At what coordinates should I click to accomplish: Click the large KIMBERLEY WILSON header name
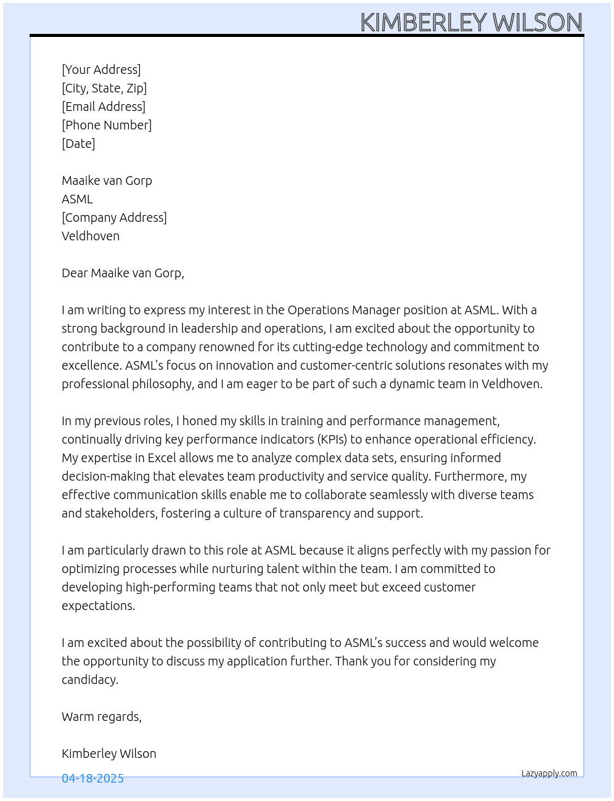pyautogui.click(x=471, y=22)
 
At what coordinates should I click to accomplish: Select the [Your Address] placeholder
pyautogui.click(x=101, y=70)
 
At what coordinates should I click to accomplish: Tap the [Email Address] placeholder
pyautogui.click(x=104, y=107)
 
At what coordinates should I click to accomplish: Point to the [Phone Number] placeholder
pyautogui.click(x=107, y=125)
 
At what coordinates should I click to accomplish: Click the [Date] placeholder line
pyautogui.click(x=78, y=144)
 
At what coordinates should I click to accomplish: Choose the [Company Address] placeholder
pyautogui.click(x=114, y=218)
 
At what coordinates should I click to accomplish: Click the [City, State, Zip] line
pyautogui.click(x=104, y=88)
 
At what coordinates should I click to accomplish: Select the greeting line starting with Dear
pyautogui.click(x=123, y=273)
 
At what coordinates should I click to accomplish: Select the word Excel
pyautogui.click(x=162, y=458)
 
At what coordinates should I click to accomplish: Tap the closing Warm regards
pyautogui.click(x=102, y=717)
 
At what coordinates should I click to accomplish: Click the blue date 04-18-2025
pyautogui.click(x=92, y=778)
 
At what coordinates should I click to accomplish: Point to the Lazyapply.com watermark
pyautogui.click(x=549, y=773)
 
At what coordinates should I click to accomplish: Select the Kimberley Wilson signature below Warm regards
pyautogui.click(x=109, y=754)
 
